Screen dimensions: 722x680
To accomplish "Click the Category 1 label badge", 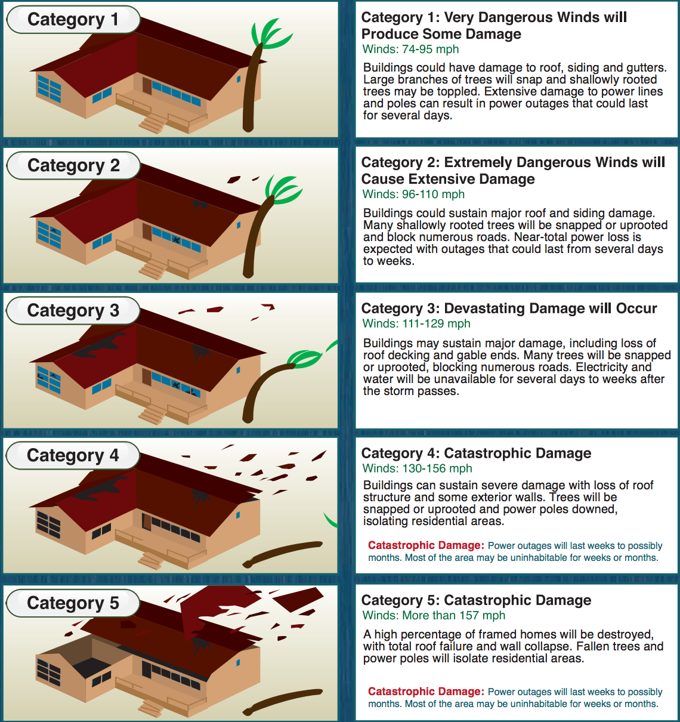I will click(x=73, y=20).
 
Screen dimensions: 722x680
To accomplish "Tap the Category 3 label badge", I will click(x=73, y=311).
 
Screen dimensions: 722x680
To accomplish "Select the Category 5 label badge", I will click(x=73, y=603).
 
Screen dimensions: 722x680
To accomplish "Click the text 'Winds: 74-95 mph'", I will click(x=410, y=50).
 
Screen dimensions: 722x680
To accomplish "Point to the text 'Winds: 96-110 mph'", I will click(x=413, y=195).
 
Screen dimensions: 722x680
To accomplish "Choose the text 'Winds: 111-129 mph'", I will click(x=416, y=324).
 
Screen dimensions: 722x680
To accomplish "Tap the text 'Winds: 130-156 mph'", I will click(x=417, y=469).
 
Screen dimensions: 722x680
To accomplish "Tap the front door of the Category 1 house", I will click(x=147, y=85).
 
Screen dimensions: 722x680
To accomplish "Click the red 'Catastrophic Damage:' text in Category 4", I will click(x=425, y=545).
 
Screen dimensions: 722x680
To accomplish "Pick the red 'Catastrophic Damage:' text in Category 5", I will click(x=425, y=692).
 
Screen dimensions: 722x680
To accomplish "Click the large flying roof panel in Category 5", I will click(x=218, y=609).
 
